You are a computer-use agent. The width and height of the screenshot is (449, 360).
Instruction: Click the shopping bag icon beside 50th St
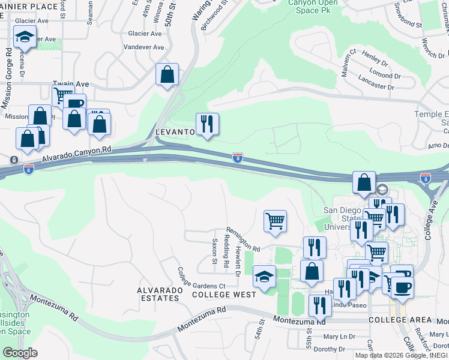(x=167, y=75)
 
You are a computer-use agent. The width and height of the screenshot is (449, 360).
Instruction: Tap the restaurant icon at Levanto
(x=207, y=124)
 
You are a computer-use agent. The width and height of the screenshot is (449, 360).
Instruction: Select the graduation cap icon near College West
(x=264, y=277)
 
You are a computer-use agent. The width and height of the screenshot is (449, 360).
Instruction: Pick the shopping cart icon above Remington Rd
(x=275, y=221)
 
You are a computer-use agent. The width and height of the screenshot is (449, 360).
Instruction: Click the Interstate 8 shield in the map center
(x=238, y=158)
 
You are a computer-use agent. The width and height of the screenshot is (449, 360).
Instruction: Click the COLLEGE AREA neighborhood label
(x=393, y=320)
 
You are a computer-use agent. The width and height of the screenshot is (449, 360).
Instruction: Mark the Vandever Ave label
(x=143, y=47)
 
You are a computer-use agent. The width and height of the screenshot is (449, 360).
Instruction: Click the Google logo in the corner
(x=20, y=353)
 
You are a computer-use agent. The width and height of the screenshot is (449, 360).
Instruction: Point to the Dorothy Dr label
(x=330, y=349)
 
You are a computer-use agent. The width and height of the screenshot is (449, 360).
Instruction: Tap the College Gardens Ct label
(x=200, y=278)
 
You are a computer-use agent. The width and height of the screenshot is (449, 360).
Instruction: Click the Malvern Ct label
(x=349, y=64)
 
